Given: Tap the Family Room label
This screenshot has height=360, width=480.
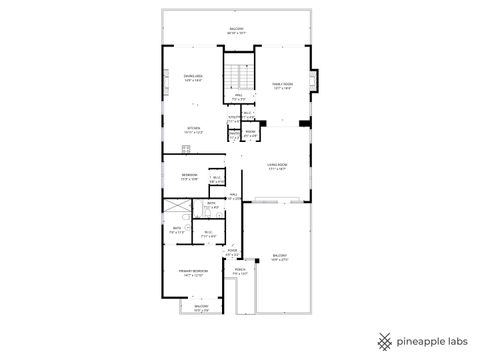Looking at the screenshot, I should [x=282, y=85].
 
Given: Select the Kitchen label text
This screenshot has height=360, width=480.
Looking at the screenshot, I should [x=194, y=129].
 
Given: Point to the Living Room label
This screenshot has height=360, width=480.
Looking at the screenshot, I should [x=278, y=167].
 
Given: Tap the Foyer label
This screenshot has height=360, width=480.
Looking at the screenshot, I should [x=232, y=251].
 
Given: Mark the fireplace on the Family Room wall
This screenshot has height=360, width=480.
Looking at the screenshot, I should [x=316, y=80].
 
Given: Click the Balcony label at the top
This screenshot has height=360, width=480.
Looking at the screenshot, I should [x=235, y=29].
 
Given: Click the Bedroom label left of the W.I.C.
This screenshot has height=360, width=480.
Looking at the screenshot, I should [x=189, y=177].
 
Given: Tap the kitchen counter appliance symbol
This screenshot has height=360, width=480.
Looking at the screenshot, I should [x=186, y=150].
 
